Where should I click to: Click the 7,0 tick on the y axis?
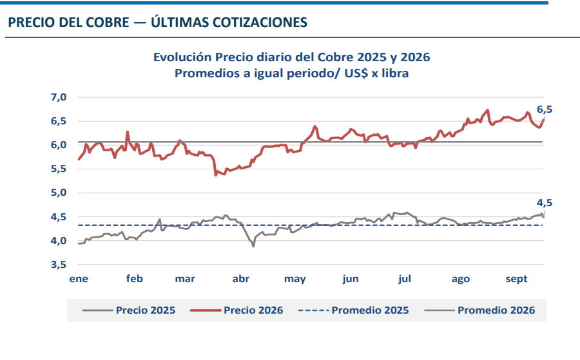[59, 97]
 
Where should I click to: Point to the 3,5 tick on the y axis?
[59, 265]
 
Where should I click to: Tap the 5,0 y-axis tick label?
[59, 193]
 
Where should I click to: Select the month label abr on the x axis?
[241, 279]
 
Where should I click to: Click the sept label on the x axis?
[516, 279]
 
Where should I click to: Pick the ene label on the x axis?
[79, 279]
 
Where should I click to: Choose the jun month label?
[351, 279]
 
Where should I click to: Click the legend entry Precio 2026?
[237, 310]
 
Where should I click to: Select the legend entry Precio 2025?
[129, 310]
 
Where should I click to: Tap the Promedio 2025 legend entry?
[353, 310]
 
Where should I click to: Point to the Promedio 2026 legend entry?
[479, 310]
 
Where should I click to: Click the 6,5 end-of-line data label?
[545, 109]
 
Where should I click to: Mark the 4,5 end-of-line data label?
[545, 203]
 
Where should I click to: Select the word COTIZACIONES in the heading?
[260, 23]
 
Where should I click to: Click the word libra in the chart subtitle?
[395, 73]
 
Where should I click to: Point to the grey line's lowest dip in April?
[253, 246]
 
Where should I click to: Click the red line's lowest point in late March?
[216, 175]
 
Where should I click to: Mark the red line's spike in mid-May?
[315, 126]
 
